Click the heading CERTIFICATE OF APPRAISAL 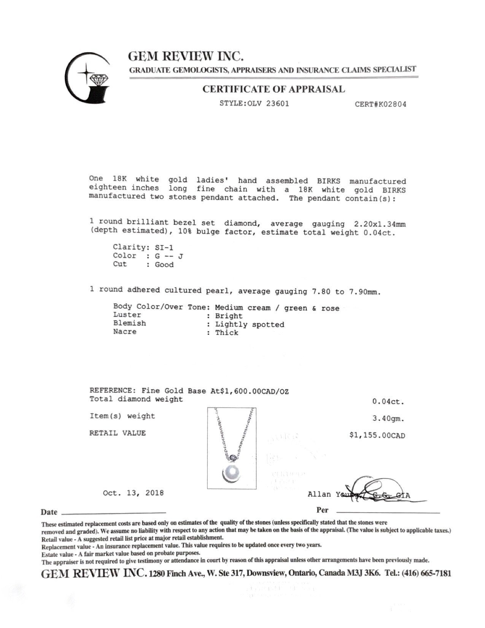tap(274, 89)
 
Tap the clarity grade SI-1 tap(164, 247)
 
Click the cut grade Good tap(164, 265)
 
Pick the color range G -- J tap(169, 256)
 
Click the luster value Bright tap(229, 316)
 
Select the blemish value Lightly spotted tap(250, 325)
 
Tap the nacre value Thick tap(227, 333)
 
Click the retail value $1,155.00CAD tap(377, 435)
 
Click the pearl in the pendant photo tap(232, 473)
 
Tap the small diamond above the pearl tap(233, 456)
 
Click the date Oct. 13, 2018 tap(133, 493)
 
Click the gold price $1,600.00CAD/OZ tap(254, 391)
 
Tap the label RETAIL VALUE tap(118, 433)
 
